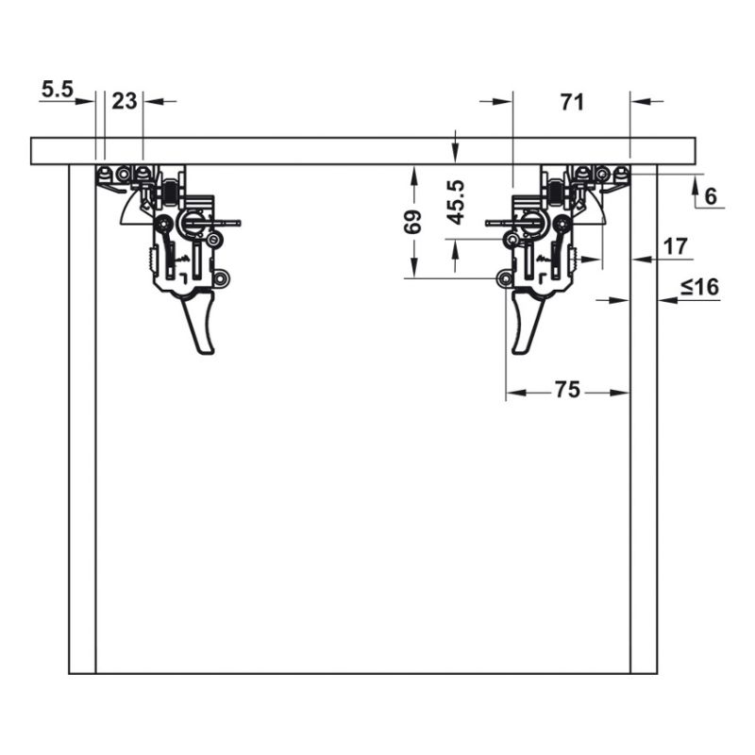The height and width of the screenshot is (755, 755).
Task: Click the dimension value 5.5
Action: pyautogui.click(x=57, y=90)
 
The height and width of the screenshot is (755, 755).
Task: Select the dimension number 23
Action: pyautogui.click(x=125, y=101)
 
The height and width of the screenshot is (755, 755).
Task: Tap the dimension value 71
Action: pyautogui.click(x=572, y=102)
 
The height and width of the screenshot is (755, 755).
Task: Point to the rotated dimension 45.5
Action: pyautogui.click(x=455, y=202)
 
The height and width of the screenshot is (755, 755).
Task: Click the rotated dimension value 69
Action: pyautogui.click(x=412, y=222)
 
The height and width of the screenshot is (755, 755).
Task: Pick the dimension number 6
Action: pyautogui.click(x=711, y=196)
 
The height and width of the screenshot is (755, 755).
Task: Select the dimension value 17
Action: pyautogui.click(x=675, y=246)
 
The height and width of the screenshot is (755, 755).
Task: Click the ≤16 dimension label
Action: pyautogui.click(x=699, y=287)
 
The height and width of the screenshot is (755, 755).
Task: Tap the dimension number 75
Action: pyautogui.click(x=567, y=390)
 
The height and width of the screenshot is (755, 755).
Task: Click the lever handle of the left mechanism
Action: pyautogui.click(x=198, y=322)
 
